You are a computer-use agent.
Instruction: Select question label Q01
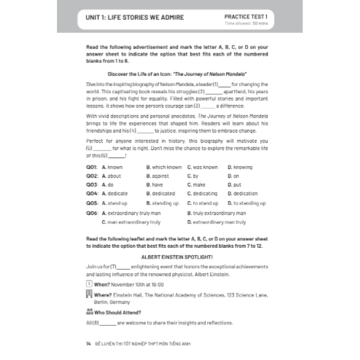tap(92, 167)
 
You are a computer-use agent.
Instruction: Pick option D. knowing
tap(240, 167)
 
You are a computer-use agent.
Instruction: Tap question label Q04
tap(92, 194)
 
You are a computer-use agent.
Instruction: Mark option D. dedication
tap(243, 194)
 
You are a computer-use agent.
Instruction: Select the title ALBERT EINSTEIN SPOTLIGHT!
tap(180, 256)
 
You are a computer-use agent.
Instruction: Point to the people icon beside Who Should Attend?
tap(89, 312)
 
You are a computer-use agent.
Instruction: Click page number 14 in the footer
tap(89, 343)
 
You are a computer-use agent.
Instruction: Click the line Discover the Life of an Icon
tap(180, 75)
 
